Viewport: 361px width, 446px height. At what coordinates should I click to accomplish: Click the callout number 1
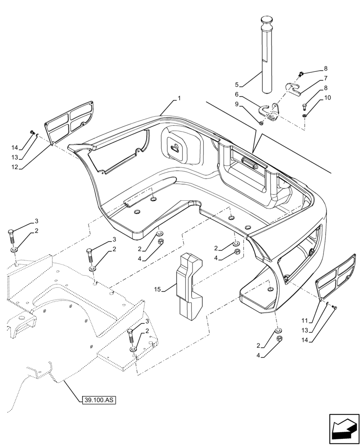coord(179,97)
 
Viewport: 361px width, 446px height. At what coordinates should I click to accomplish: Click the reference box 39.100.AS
coord(99,400)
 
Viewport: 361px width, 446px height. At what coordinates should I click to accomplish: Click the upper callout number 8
coord(325,69)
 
